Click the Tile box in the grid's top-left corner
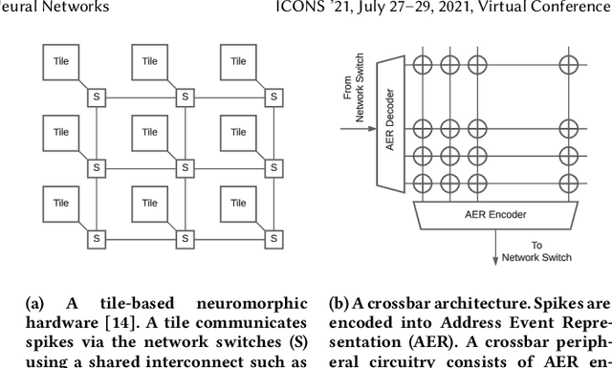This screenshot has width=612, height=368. point(61,62)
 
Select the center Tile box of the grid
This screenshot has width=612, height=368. point(149,133)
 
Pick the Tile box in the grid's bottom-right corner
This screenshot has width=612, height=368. point(238,204)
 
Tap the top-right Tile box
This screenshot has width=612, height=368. point(238,62)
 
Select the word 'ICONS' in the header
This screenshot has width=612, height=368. point(369,7)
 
